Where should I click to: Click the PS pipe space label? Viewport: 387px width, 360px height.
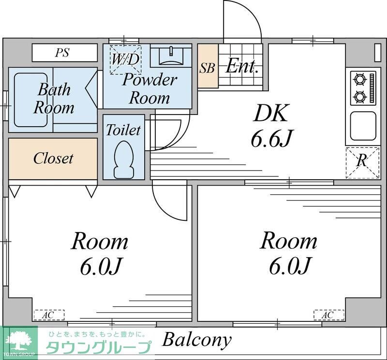tap(62, 53)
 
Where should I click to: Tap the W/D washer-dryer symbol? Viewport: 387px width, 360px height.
tap(126, 59)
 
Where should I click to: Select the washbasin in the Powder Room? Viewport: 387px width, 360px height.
tap(171, 56)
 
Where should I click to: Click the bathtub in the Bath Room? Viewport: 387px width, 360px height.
tap(31, 100)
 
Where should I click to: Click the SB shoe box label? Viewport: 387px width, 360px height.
tap(207, 68)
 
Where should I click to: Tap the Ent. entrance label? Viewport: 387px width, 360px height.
tap(241, 66)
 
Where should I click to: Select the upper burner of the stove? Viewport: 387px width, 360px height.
tap(359, 80)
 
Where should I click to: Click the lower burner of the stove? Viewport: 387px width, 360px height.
tap(359, 96)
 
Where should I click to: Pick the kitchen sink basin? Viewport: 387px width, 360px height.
tap(363, 126)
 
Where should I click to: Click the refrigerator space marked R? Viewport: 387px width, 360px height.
tap(362, 163)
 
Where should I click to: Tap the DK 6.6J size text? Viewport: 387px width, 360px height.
tap(271, 138)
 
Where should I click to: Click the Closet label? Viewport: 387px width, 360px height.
tap(53, 158)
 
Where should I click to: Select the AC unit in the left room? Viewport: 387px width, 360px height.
tap(49, 315)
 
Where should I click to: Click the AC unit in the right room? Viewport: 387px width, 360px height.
tap(329, 315)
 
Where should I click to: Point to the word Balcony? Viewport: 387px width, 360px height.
tap(197, 341)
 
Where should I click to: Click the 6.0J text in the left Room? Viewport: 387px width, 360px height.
tap(101, 267)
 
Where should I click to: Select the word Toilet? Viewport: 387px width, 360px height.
tap(123, 130)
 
